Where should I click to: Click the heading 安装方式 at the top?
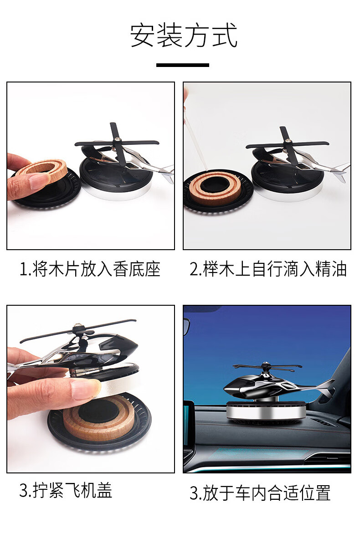coord(183,36)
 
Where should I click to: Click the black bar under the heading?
coord(182,65)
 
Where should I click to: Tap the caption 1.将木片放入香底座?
coord(90,269)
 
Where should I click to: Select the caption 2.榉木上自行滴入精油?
coord(268,269)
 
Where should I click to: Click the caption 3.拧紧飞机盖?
coord(66,491)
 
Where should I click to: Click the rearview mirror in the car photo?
coord(186,326)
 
